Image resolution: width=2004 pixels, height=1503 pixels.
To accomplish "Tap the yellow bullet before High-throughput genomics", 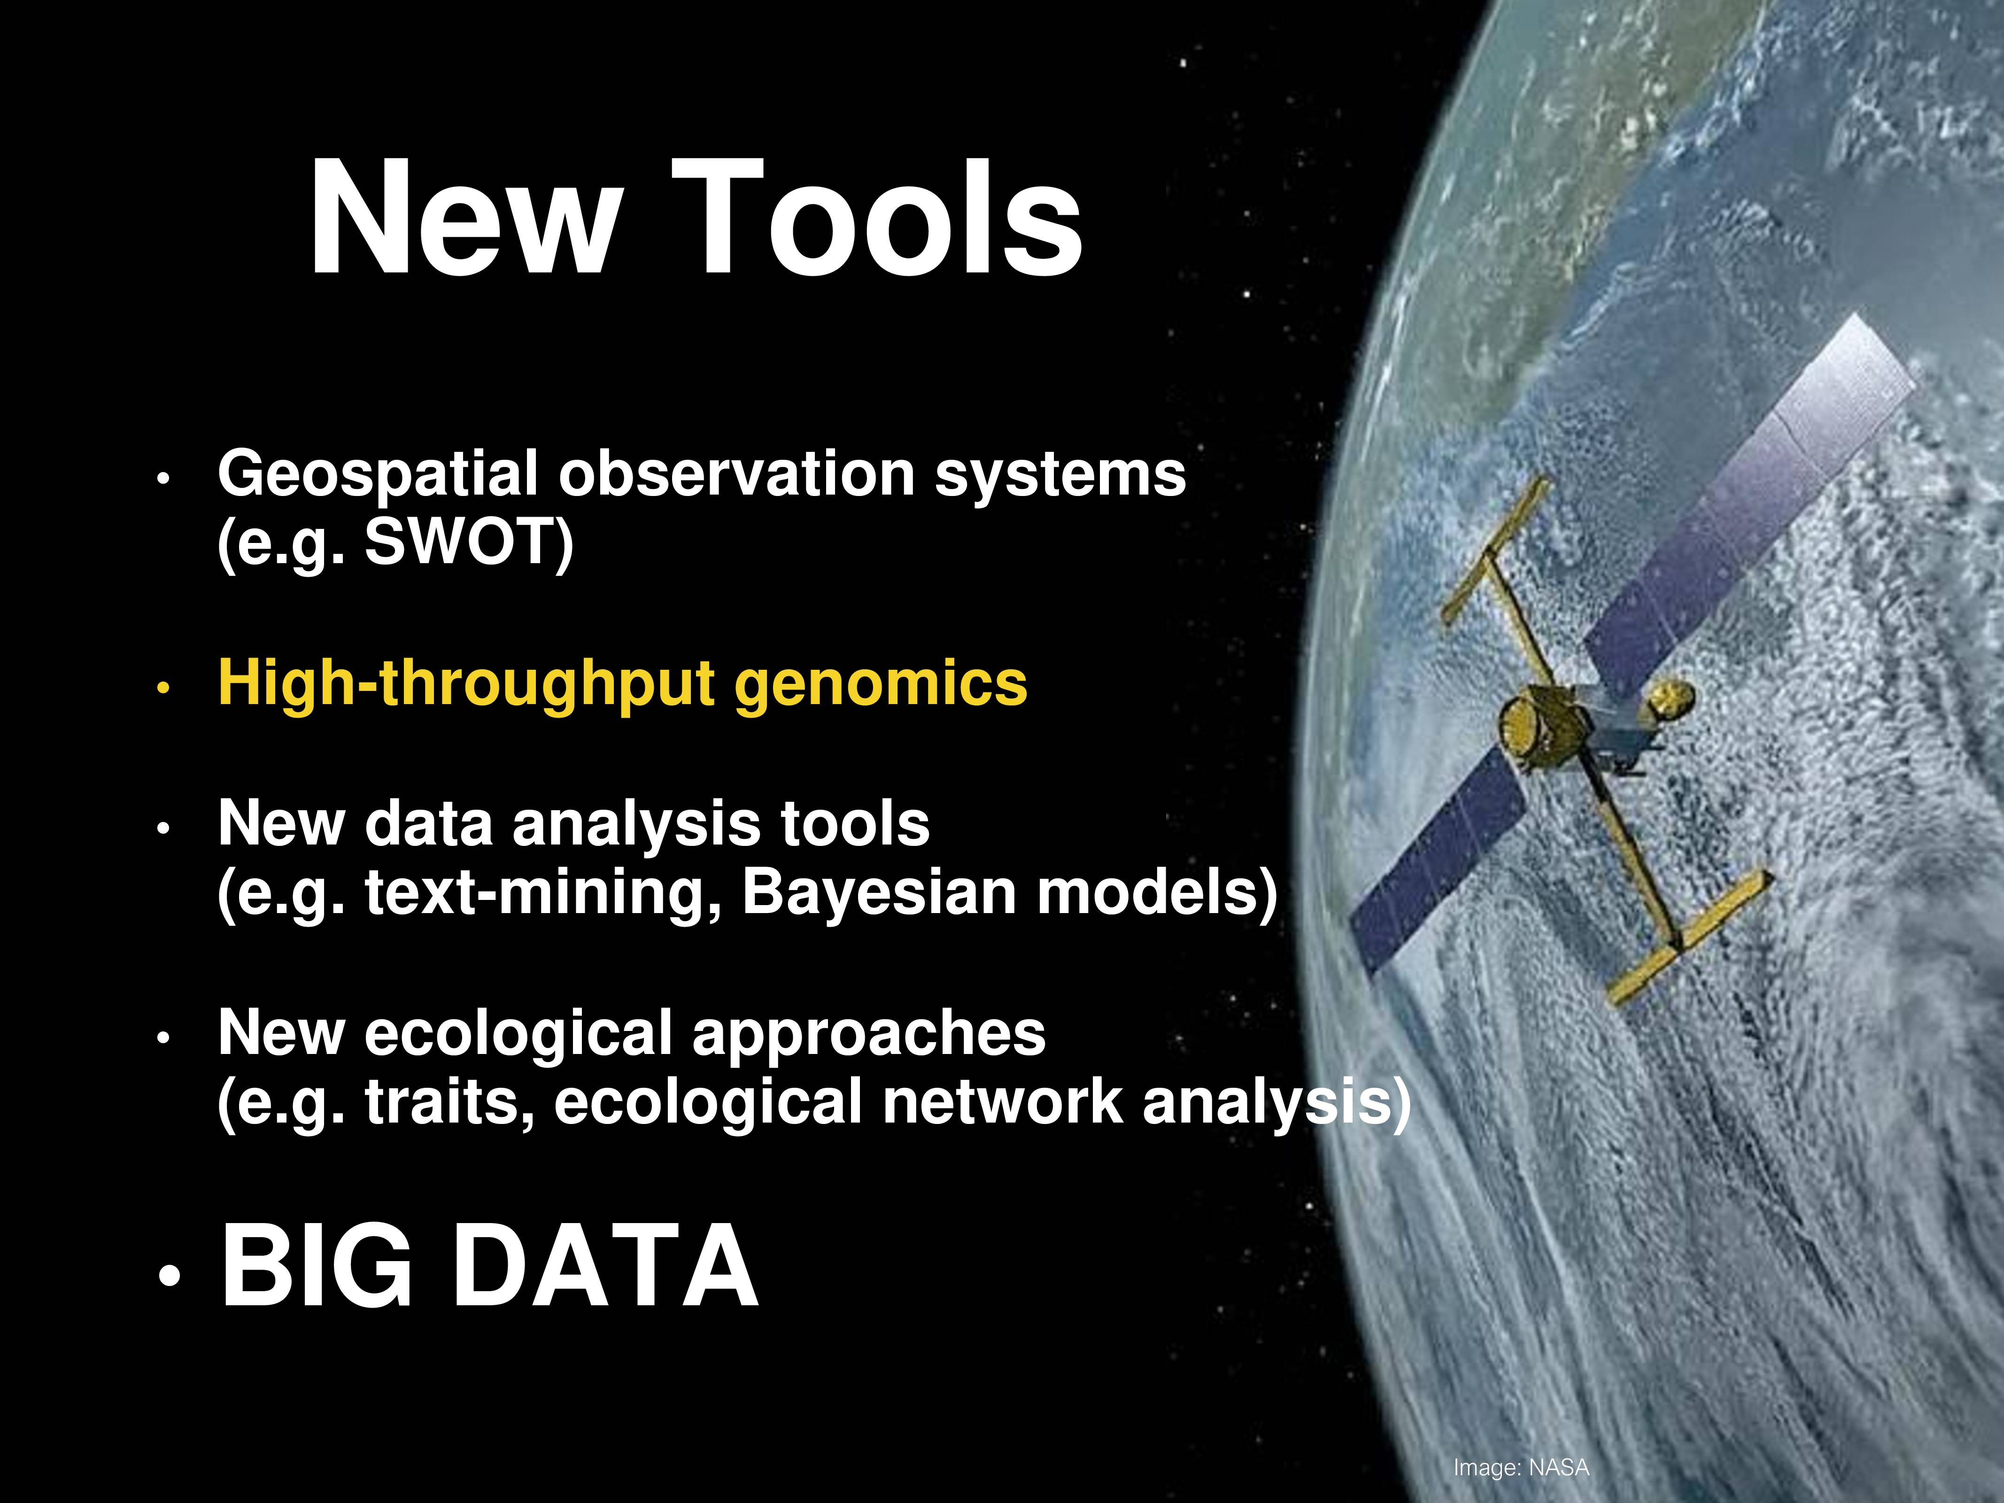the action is [x=163, y=689].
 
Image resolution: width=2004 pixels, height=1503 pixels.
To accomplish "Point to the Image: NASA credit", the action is [x=1521, y=1467].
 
